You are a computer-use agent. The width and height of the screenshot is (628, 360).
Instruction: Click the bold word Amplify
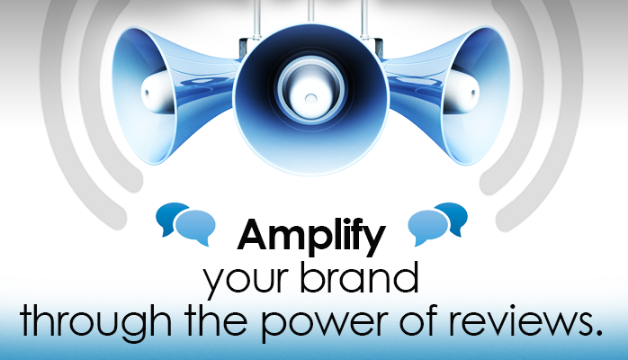tap(311, 237)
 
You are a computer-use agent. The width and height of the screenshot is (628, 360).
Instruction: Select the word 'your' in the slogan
tap(246, 280)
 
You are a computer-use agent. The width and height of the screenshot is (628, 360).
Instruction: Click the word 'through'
tap(95, 322)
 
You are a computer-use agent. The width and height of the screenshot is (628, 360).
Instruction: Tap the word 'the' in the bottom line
tap(216, 319)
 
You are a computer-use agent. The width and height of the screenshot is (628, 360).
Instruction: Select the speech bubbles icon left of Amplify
tap(185, 223)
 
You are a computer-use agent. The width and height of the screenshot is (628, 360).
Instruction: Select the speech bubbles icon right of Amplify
tap(438, 223)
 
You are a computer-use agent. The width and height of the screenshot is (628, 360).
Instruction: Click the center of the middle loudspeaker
tap(310, 98)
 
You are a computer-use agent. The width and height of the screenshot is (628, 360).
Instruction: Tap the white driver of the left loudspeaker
tap(157, 93)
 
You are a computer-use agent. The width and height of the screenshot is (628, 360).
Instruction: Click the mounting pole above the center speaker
tap(310, 11)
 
